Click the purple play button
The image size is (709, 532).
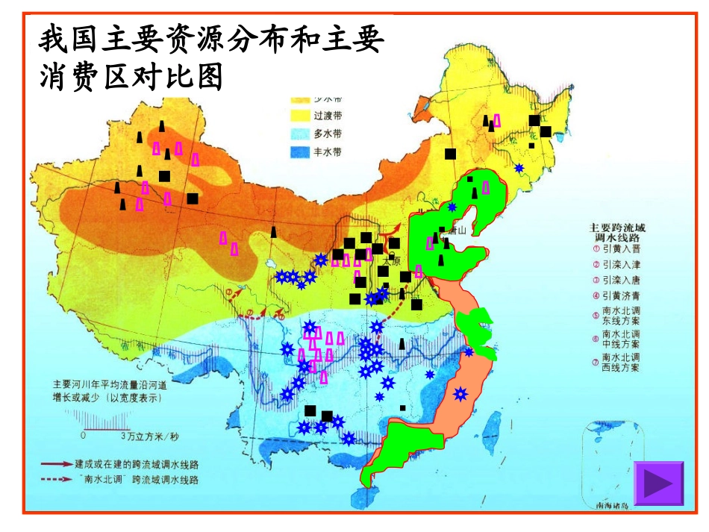[x=658, y=483]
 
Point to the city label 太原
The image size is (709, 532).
[x=390, y=263]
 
